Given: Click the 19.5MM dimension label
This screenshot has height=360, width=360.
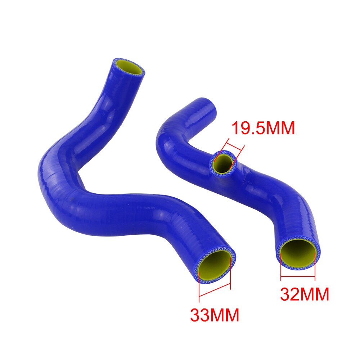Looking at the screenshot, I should tap(263, 129).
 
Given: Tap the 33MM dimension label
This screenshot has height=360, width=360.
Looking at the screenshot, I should tap(215, 315).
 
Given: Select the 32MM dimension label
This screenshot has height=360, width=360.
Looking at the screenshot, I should tap(305, 294).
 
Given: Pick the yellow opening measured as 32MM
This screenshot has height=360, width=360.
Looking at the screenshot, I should tap(298, 252).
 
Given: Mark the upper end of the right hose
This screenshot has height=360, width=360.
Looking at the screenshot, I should tap(208, 104).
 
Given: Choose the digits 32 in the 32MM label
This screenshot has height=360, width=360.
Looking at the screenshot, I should tap(292, 294).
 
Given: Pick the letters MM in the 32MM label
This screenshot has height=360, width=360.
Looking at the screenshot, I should tap(317, 294).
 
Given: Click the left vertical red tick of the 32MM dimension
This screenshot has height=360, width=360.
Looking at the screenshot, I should tap(281, 266).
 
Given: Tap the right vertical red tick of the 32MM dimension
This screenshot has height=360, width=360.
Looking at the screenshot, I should tap(315, 266).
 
